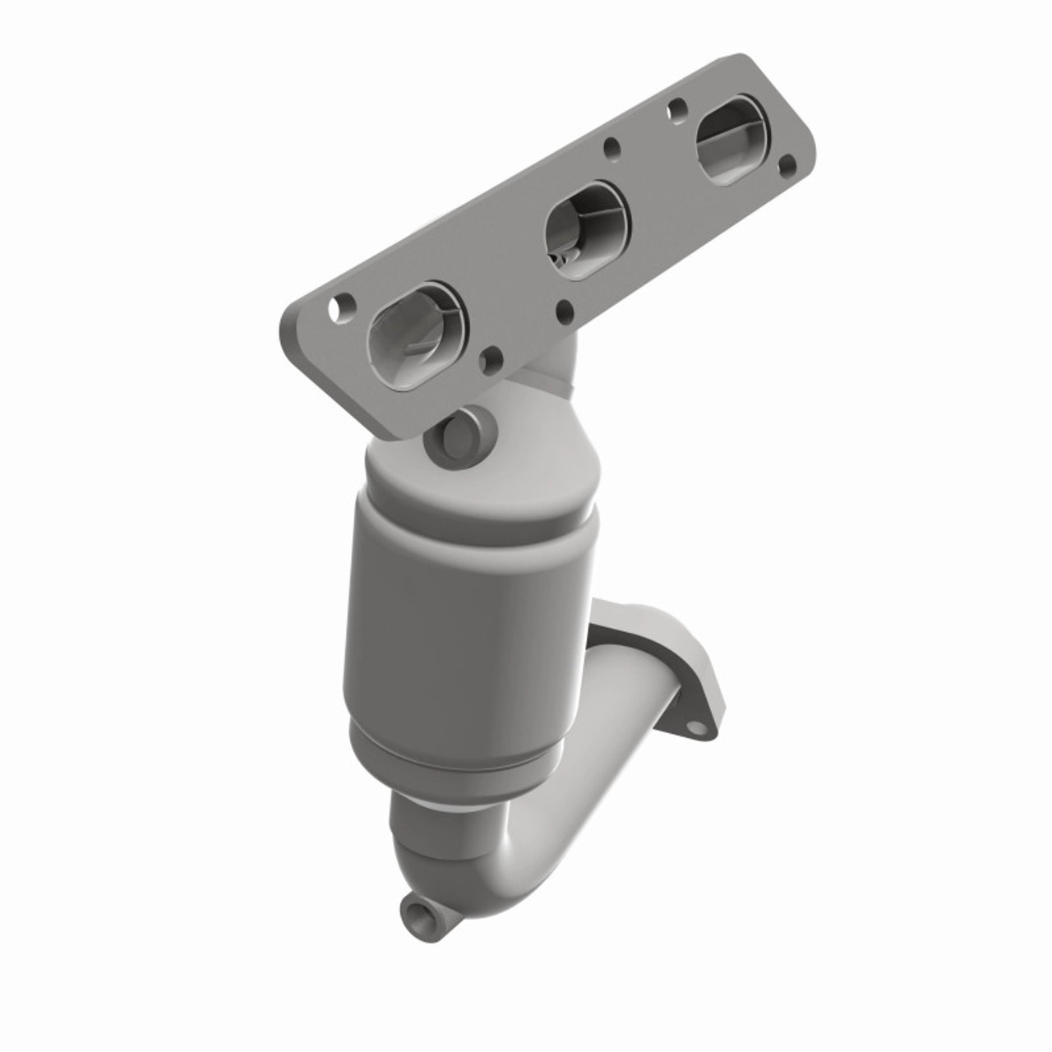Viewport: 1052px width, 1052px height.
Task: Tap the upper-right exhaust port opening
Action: [731, 139]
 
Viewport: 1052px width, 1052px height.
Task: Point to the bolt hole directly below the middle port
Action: [565, 311]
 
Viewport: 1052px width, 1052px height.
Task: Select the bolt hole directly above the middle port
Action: [612, 149]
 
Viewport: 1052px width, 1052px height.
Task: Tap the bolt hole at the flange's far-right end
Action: [787, 164]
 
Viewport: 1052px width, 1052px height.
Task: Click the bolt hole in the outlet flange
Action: [699, 727]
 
